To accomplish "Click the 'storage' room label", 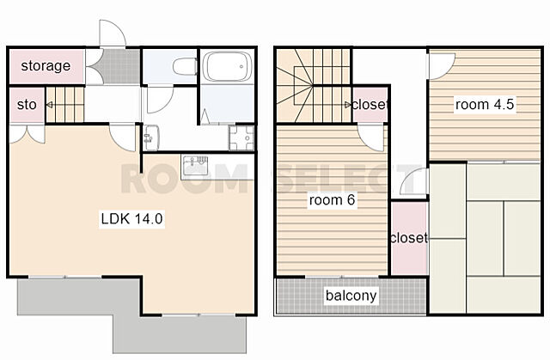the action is pyautogui.click(x=46, y=65).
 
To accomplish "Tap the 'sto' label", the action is pyautogui.click(x=27, y=105).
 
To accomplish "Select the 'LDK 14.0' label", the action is pyautogui.click(x=131, y=218).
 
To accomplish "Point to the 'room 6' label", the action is pyautogui.click(x=332, y=200).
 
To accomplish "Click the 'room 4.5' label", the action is pyautogui.click(x=485, y=104).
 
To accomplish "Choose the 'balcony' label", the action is pyautogui.click(x=351, y=296).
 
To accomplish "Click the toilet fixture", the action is pyautogui.click(x=186, y=66).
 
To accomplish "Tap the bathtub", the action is pyautogui.click(x=228, y=66).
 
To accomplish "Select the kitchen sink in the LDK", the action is pyautogui.click(x=195, y=166).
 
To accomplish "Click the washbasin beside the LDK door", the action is pyautogui.click(x=151, y=137).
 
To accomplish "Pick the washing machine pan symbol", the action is pyautogui.click(x=241, y=138).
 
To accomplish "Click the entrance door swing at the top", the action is pyautogui.click(x=113, y=34).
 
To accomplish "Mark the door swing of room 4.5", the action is pyautogui.click(x=441, y=65).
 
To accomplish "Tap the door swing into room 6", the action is pyautogui.click(x=372, y=137).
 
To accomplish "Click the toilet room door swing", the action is pyautogui.click(x=160, y=101).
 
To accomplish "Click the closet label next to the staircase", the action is pyautogui.click(x=370, y=105).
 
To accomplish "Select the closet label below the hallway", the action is pyautogui.click(x=409, y=238).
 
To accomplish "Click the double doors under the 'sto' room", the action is pyautogui.click(x=27, y=134).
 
